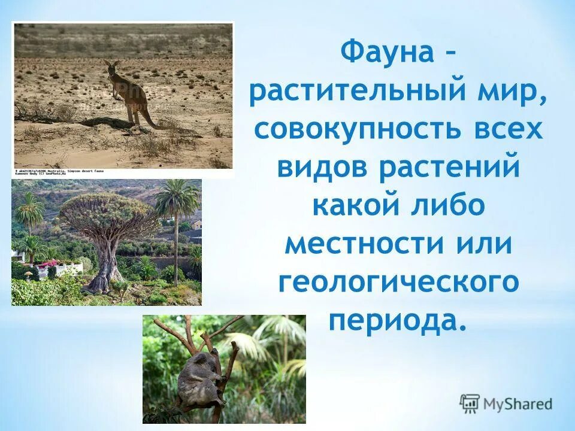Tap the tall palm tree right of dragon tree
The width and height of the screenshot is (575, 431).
[176, 227]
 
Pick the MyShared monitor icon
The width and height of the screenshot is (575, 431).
[470, 403]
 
